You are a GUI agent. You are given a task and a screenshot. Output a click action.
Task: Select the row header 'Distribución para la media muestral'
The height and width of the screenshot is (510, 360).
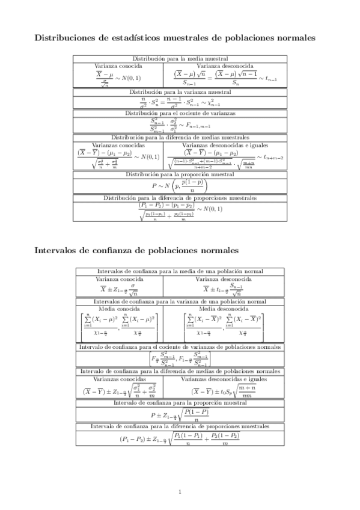180,58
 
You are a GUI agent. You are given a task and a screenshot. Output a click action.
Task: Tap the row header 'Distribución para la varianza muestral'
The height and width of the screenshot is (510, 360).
180,92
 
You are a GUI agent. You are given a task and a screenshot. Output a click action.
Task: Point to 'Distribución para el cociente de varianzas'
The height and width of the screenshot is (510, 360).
180,112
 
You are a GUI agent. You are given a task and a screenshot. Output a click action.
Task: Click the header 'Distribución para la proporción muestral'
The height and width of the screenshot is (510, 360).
180,174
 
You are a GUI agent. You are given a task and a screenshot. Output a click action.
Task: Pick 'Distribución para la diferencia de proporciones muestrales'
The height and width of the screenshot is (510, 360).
180,197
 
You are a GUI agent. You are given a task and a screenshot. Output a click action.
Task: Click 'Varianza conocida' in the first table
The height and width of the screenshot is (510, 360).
118,65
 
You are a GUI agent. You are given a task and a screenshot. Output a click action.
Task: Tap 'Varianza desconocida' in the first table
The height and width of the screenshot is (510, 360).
225,65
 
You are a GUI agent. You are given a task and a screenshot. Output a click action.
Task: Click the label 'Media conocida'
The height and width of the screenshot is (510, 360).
119,308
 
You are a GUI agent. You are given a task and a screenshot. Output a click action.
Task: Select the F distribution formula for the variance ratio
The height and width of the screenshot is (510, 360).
180,125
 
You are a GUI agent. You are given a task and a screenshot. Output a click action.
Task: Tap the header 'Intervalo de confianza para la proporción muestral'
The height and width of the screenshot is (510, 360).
180,402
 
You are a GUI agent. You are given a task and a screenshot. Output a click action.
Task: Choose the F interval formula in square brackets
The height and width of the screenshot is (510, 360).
180,360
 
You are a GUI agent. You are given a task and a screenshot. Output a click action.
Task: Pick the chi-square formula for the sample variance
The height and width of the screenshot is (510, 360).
180,102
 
